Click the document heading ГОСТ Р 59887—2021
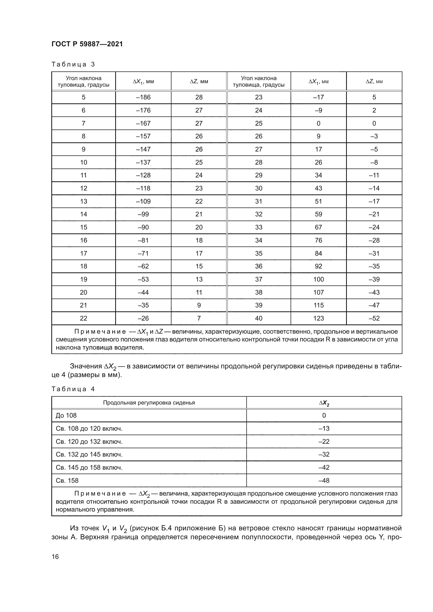click(x=87, y=44)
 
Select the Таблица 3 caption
click(x=73, y=64)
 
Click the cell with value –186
click(x=143, y=97)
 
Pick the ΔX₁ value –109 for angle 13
click(x=143, y=201)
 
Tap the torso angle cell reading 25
click(x=258, y=123)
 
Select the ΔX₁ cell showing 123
click(x=318, y=318)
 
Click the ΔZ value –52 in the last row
click(x=374, y=318)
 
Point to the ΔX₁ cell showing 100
click(x=318, y=279)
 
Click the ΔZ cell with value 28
click(x=199, y=97)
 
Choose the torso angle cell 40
click(x=258, y=318)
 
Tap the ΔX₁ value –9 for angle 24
click(x=318, y=110)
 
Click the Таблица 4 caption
click(x=73, y=389)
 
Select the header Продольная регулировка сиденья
click(x=149, y=402)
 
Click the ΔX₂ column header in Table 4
click(x=324, y=403)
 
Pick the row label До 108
click(x=66, y=415)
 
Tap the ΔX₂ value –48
click(x=324, y=481)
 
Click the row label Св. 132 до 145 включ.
click(x=89, y=454)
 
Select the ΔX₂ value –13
click(x=324, y=428)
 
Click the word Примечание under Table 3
click(x=100, y=332)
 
